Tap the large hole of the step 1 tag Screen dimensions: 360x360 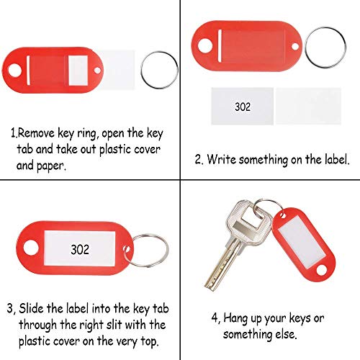coord(15,71)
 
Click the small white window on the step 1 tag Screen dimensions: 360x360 coord(78,71)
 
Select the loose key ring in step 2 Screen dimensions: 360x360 coord(306,47)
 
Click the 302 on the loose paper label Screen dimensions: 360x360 coord(243,107)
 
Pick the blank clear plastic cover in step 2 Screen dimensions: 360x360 coord(308,106)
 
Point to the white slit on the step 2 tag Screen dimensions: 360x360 coord(220,45)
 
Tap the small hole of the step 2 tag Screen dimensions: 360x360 coord(295,46)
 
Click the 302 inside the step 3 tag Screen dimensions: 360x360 coord(80,249)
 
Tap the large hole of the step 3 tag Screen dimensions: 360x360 coord(31,248)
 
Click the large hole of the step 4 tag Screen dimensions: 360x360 coord(321,270)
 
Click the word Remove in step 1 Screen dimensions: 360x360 coord(36,133)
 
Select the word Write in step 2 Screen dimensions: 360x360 coord(222,159)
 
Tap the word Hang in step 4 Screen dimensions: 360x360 coord(235,319)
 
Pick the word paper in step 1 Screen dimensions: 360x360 coord(51,166)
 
